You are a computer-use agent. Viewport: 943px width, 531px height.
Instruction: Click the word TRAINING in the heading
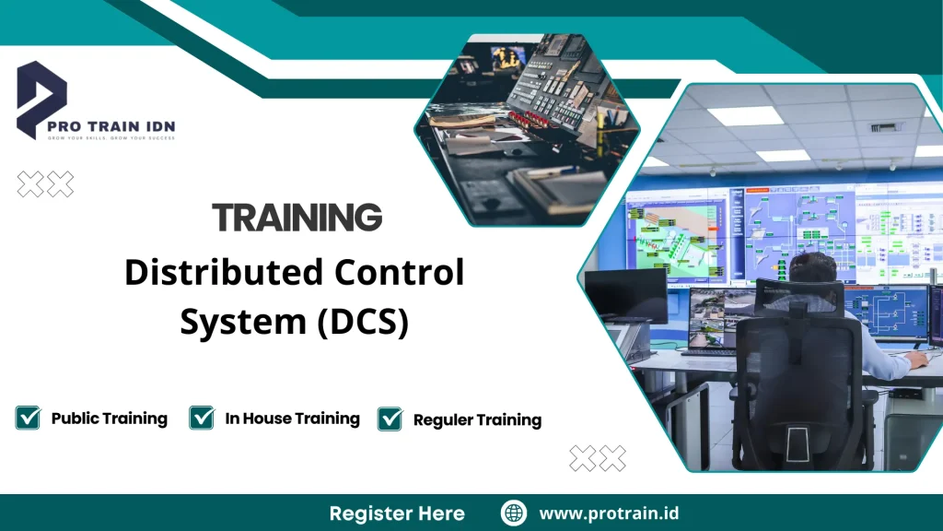pyautogui.click(x=297, y=218)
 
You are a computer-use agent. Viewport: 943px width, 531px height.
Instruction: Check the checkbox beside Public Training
pyautogui.click(x=29, y=418)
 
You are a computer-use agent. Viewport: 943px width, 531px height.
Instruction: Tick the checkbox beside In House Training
pyautogui.click(x=202, y=418)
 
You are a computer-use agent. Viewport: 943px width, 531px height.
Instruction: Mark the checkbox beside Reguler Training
pyautogui.click(x=390, y=419)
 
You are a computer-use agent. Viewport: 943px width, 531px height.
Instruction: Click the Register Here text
pyautogui.click(x=397, y=513)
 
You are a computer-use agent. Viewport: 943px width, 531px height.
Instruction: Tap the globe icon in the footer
pyautogui.click(x=514, y=513)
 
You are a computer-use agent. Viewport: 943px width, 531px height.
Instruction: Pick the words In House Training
pyautogui.click(x=292, y=419)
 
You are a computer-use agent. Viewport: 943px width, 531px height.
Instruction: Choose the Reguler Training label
pyautogui.click(x=477, y=419)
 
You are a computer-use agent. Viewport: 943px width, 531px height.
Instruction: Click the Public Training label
pyautogui.click(x=109, y=419)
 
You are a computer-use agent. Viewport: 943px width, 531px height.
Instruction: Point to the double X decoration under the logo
pyautogui.click(x=46, y=184)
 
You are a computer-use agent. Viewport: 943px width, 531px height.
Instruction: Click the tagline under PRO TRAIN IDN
pyautogui.click(x=111, y=138)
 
